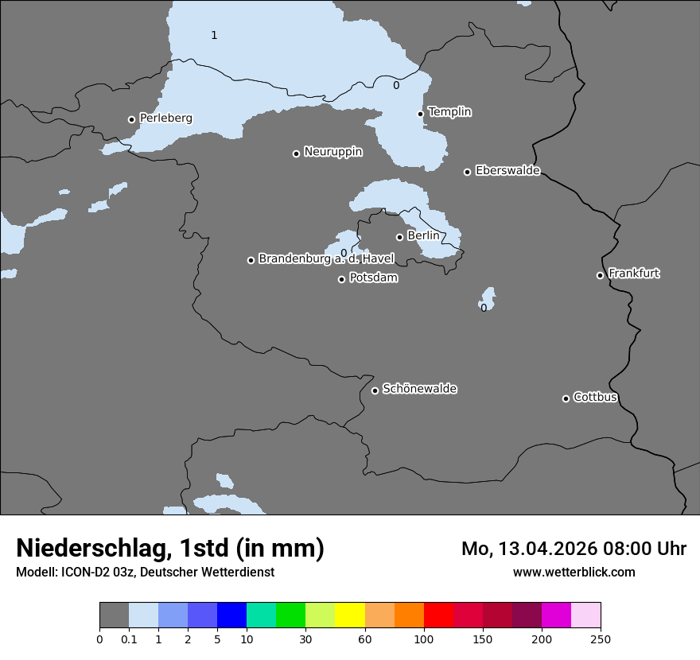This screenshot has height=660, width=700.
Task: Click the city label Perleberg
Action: [x=165, y=118]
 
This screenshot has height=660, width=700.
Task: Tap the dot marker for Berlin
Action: [x=399, y=237]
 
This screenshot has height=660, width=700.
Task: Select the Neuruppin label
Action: [x=332, y=152]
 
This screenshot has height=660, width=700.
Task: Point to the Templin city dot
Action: [x=420, y=114]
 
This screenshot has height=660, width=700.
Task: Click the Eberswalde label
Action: [x=507, y=171]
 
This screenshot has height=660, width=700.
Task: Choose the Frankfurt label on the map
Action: [x=633, y=274]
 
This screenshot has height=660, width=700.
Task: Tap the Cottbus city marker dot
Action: [x=566, y=398]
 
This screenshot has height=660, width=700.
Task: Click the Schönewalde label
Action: [x=419, y=389]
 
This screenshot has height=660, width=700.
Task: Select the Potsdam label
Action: [x=373, y=278]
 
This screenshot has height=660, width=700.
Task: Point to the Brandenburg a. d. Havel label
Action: [x=326, y=259]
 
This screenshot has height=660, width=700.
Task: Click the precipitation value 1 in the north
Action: [x=214, y=35]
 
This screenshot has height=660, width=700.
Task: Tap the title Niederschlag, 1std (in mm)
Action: [x=170, y=549]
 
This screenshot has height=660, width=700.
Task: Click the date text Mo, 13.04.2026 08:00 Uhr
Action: [x=574, y=549]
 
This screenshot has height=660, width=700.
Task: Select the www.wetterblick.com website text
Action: [x=574, y=572]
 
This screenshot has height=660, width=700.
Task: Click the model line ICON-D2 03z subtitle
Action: [x=145, y=572]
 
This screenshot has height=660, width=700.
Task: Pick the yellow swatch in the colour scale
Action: [x=350, y=615]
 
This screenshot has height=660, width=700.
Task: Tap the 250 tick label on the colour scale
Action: [x=600, y=639]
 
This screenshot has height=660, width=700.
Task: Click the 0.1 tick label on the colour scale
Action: [x=129, y=639]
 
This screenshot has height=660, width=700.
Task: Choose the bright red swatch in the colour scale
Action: [x=438, y=615]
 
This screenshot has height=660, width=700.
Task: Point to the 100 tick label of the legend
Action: [x=423, y=639]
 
